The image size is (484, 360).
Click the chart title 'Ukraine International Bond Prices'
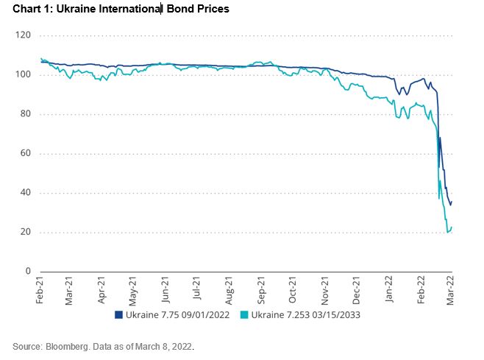point(118,10)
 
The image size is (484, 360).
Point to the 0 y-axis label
point(27,272)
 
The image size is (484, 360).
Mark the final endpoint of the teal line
point(452,227)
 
